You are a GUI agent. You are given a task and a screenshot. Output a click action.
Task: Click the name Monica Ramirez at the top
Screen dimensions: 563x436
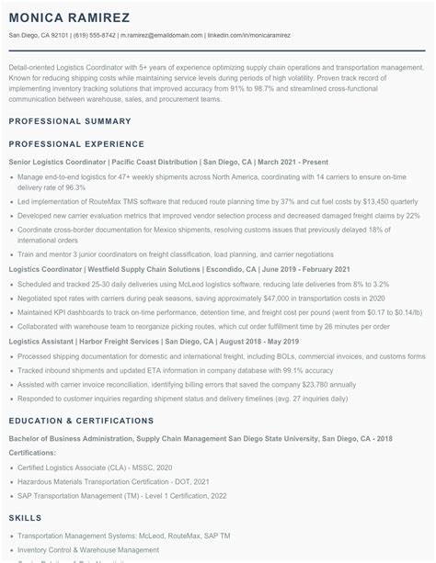(69, 18)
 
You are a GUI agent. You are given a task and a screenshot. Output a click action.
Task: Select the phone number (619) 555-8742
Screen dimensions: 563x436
(95, 36)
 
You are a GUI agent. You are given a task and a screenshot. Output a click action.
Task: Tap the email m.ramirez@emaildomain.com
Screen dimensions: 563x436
(160, 36)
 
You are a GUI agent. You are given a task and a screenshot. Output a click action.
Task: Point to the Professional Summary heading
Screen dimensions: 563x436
(64, 122)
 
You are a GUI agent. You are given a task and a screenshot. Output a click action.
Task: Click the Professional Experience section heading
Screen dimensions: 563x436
(72, 144)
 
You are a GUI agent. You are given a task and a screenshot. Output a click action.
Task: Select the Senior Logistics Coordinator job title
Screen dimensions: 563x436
(57, 162)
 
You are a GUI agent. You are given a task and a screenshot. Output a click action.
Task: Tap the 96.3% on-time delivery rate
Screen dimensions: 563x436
(76, 187)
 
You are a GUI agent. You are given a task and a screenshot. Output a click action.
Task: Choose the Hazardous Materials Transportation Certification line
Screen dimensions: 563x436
(113, 481)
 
